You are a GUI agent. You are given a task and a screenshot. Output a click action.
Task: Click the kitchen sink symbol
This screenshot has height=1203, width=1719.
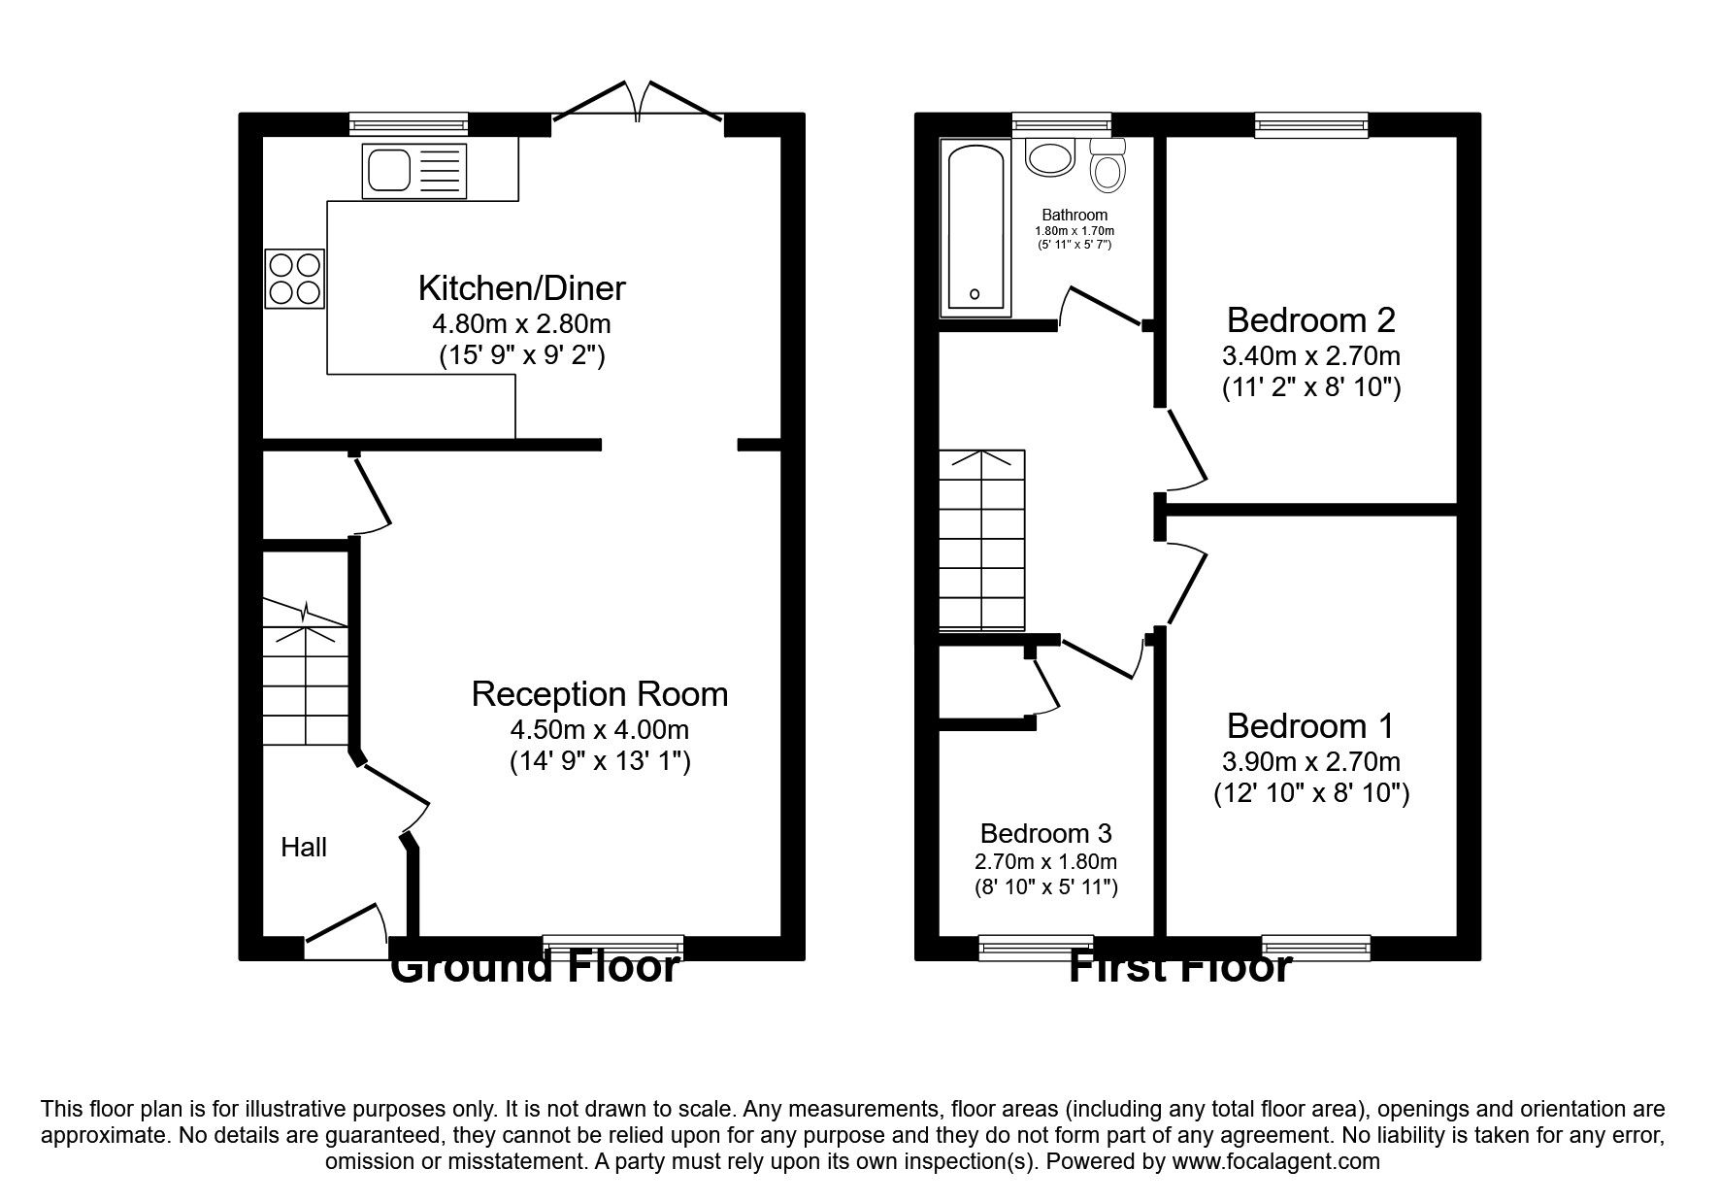pos(414,171)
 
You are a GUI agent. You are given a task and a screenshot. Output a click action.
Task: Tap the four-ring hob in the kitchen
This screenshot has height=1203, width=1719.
pos(295,279)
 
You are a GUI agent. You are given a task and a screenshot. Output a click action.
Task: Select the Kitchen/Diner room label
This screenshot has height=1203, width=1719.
pos(521,288)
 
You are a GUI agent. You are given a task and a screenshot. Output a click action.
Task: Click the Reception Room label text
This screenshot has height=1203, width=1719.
pos(599,694)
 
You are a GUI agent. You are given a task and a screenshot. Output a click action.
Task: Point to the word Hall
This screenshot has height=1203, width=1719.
pos(304,848)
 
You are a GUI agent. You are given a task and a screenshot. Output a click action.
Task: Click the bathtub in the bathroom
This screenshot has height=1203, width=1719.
pos(975,230)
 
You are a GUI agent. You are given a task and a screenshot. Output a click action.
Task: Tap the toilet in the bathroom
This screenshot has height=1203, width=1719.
pos(1107,166)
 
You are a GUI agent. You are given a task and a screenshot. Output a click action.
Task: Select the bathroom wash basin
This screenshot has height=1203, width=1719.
pos(1048,157)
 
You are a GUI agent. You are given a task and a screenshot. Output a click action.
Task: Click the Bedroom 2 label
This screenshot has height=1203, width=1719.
pos(1310,319)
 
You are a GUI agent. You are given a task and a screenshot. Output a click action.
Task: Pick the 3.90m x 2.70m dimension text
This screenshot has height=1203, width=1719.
pos(1310,762)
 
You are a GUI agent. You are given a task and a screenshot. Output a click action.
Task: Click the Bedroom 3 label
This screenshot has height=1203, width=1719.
pos(1045,833)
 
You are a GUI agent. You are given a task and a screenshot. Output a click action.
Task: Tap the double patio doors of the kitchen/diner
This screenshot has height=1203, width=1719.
pos(638,106)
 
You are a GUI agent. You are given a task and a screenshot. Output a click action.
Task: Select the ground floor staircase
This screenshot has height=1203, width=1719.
pos(306,675)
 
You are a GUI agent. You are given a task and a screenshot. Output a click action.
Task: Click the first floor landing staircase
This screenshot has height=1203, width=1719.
pos(982,541)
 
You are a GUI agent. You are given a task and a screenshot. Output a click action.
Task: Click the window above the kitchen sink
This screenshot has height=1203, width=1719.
pos(409,123)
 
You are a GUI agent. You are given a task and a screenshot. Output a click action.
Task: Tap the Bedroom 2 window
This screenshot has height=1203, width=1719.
pos(1310,123)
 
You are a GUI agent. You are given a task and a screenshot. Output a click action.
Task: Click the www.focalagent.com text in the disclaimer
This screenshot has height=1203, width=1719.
pos(1275,1161)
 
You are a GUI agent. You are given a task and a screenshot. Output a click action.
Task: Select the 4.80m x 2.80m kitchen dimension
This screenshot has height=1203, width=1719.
pos(521,323)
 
